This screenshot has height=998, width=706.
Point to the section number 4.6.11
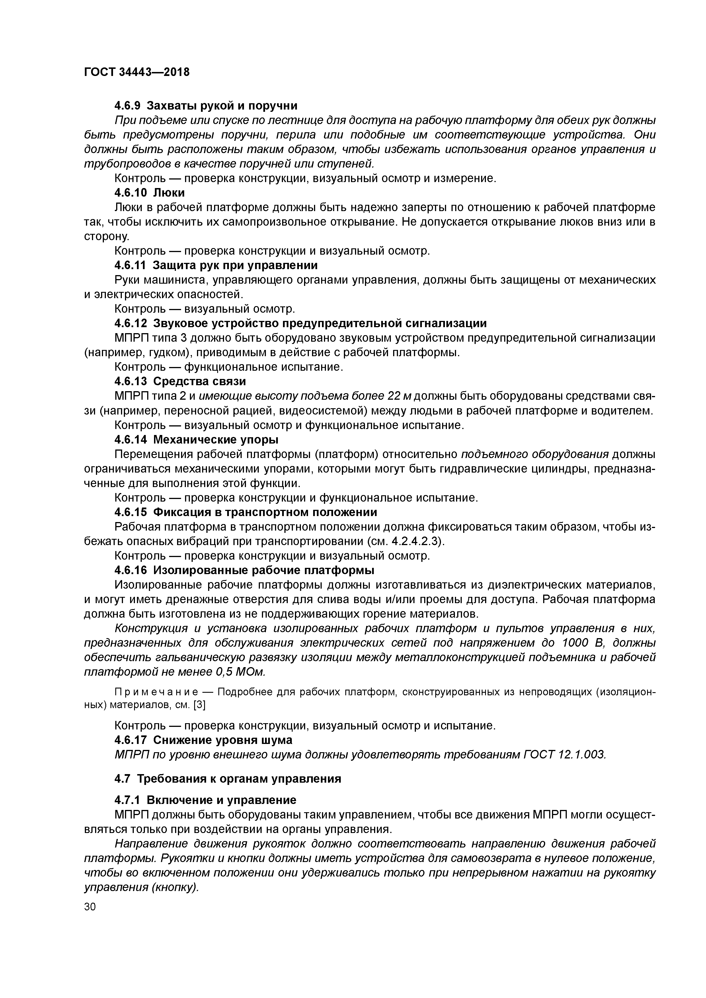(130, 265)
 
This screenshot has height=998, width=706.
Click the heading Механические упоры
(216, 440)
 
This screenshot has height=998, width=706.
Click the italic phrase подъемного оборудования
(535, 454)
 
